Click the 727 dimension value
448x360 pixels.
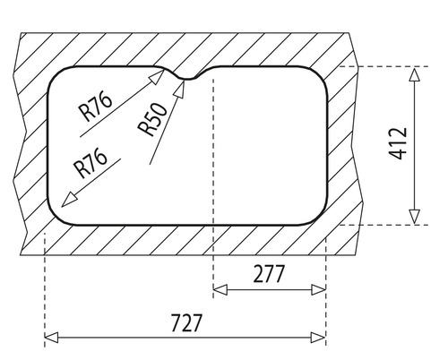[186, 322]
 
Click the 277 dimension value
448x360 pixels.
[269, 274]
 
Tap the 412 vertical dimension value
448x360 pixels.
[398, 143]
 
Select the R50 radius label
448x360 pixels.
[153, 119]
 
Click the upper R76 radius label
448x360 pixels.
[96, 107]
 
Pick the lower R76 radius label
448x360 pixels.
[91, 162]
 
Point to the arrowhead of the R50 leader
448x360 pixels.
[180, 89]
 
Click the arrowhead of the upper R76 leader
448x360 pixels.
[157, 76]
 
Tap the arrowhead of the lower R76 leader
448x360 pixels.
[68, 200]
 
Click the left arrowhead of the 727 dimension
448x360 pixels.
[51, 338]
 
